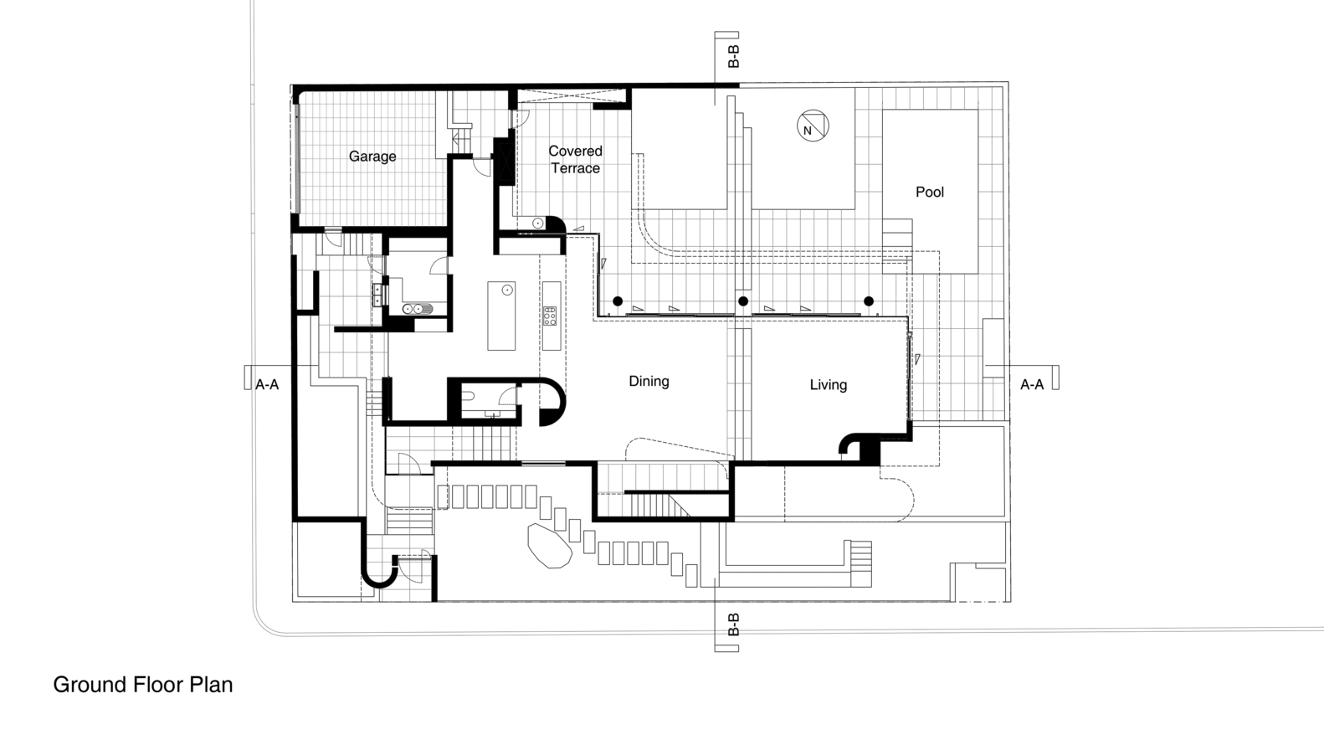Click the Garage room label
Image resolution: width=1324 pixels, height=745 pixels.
point(372,157)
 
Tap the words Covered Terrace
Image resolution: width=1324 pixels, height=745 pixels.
point(576,160)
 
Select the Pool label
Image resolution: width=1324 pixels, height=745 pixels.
point(930,193)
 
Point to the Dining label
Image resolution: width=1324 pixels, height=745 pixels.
point(649,382)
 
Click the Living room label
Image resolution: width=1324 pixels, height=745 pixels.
point(828,385)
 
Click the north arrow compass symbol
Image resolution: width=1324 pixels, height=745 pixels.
point(813,126)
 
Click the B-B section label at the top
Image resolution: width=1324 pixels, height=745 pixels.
point(733,56)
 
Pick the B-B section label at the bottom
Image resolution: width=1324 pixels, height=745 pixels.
point(733,624)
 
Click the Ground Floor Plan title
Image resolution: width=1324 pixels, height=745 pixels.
point(143,685)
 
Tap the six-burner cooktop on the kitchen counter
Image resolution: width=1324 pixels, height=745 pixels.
point(551,316)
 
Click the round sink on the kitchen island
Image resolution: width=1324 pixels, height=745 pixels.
point(506,290)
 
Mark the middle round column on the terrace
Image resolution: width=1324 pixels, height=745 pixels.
point(743,301)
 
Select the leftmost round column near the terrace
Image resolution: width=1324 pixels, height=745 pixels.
point(618,301)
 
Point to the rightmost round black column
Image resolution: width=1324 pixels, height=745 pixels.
point(868,301)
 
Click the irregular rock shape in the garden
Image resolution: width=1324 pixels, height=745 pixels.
point(550,545)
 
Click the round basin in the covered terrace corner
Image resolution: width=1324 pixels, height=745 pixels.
point(538,223)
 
